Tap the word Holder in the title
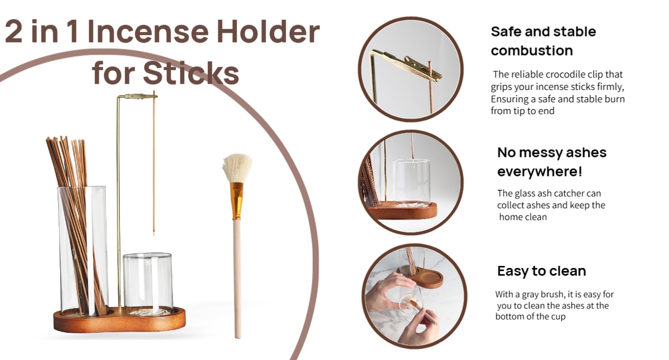point(268,31)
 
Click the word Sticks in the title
point(191,73)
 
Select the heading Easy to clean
point(541,271)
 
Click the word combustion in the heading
point(532,50)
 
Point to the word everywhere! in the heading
point(540,171)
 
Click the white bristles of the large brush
point(237,168)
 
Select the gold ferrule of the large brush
point(237,201)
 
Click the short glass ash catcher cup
point(148,283)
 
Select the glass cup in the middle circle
point(412,183)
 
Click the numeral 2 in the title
point(13,31)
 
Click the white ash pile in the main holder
point(148,312)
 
